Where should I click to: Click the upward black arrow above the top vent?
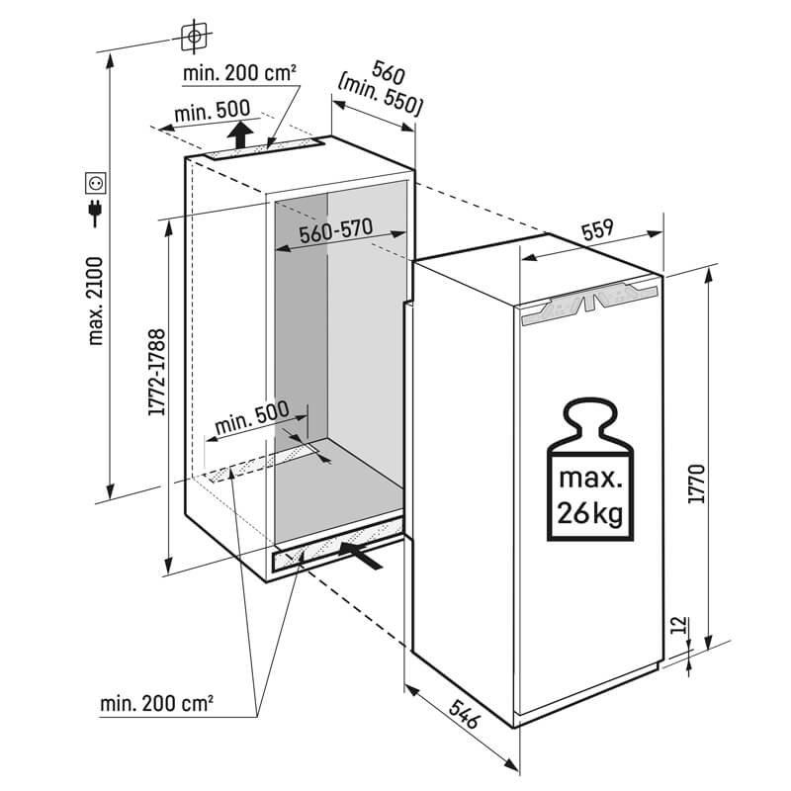pyautogui.click(x=236, y=134)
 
